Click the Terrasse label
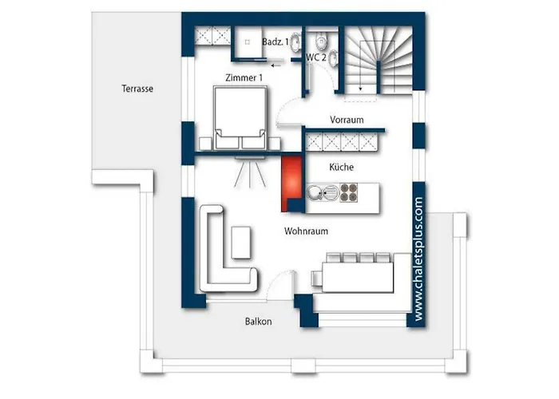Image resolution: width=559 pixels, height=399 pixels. point(137,89)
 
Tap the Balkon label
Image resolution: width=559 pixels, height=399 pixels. point(259,322)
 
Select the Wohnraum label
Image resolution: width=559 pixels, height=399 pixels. point(306,231)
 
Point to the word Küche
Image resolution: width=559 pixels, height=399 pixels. point(341,167)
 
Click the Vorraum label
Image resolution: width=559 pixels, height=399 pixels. point(347,120)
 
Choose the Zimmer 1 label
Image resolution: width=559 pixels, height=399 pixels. point(244,77)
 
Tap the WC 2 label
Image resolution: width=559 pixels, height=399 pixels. point(316,57)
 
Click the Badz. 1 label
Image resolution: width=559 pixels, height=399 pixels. point(276,41)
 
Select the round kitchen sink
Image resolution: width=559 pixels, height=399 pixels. point(316,193)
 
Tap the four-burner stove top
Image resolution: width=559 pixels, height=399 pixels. point(348,193)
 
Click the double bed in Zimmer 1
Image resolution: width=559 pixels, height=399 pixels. point(240,117)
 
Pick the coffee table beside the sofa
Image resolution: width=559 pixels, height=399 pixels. point(240,243)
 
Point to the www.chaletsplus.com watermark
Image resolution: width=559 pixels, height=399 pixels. point(419,259)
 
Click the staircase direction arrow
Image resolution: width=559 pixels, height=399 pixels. point(361,66)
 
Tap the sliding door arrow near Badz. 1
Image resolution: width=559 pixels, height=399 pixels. point(276,65)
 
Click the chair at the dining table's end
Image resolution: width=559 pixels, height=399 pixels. point(316,278)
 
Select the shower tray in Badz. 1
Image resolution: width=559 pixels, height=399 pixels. point(248,41)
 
